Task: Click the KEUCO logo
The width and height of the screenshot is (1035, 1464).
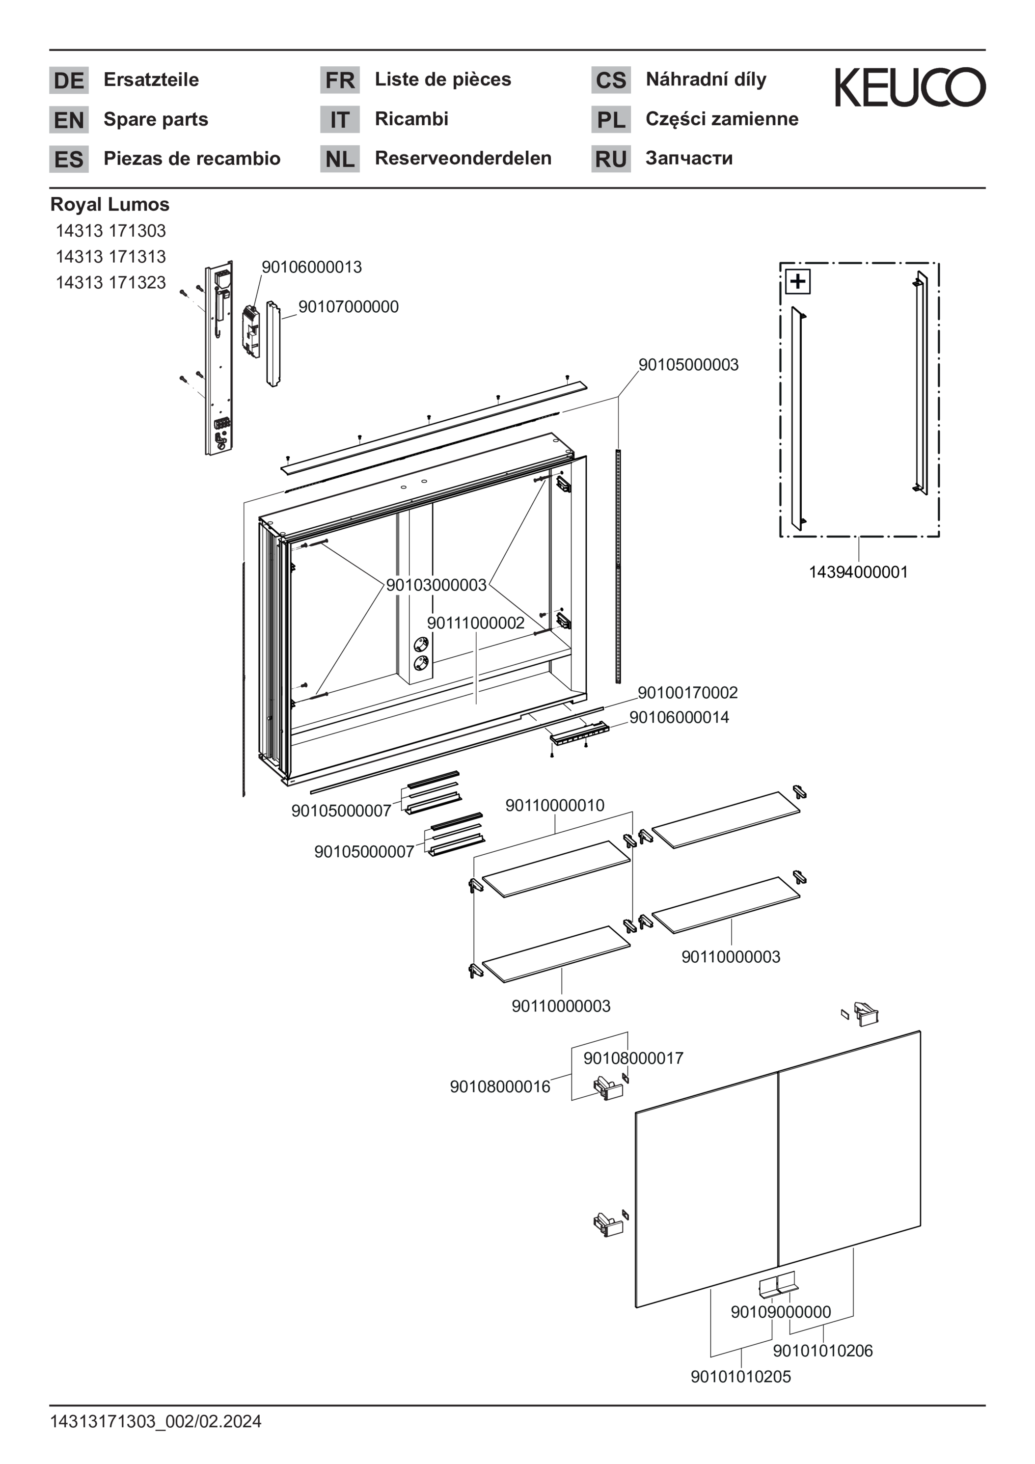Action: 910,87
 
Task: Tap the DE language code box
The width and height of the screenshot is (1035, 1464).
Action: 69,81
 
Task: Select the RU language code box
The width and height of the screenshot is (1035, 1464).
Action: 610,159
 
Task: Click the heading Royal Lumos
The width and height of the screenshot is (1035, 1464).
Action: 109,205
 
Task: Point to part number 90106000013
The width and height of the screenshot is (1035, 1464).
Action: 312,267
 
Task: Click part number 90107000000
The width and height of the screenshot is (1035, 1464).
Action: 348,307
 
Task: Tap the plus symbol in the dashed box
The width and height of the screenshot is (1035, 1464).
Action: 797,281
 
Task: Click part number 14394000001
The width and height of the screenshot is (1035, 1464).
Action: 858,572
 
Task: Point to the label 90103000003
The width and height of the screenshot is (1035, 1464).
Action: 436,585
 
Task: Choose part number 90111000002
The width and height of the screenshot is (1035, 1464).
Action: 476,623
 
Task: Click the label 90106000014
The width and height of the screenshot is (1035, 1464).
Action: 679,717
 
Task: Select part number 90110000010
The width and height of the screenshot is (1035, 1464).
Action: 555,805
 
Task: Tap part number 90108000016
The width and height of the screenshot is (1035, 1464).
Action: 500,1086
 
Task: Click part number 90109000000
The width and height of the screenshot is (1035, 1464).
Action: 781,1312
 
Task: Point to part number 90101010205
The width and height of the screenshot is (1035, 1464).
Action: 740,1377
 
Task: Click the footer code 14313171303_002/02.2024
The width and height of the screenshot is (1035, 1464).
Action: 156,1421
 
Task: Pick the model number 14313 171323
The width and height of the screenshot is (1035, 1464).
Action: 111,282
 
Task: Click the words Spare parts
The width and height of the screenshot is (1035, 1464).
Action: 156,119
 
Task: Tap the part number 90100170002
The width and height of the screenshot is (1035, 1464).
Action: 687,692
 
